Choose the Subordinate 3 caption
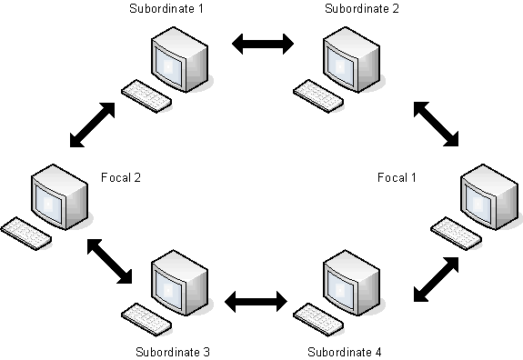(x=173, y=351)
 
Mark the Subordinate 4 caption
(x=345, y=351)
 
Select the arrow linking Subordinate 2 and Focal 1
(x=436, y=123)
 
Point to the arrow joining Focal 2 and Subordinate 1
(x=94, y=125)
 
